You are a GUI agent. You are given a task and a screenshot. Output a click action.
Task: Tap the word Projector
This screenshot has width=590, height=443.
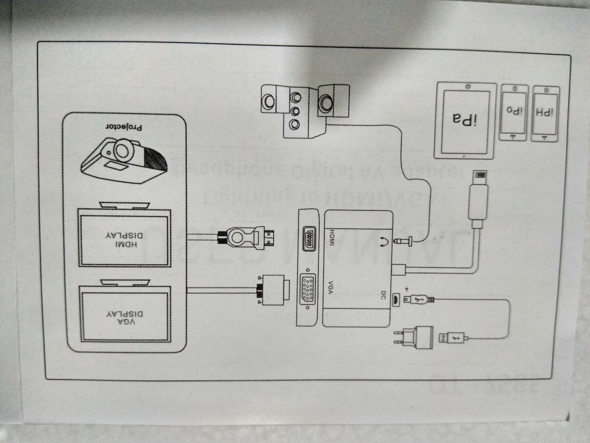pos(124,127)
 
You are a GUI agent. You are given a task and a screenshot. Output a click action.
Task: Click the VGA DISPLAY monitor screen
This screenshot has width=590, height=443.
pos(125,314)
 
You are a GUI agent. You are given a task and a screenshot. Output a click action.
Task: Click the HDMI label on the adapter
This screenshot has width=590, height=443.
pos(331,238)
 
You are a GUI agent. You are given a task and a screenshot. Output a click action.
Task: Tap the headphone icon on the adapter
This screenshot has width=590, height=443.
pos(383,241)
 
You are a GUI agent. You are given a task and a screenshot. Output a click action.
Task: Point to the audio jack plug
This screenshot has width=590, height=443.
pos(405,240)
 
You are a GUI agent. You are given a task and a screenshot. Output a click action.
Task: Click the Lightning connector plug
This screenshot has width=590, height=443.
pos(478,197)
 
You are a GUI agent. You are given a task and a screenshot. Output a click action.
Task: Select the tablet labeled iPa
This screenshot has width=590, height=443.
pos(465,120)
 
